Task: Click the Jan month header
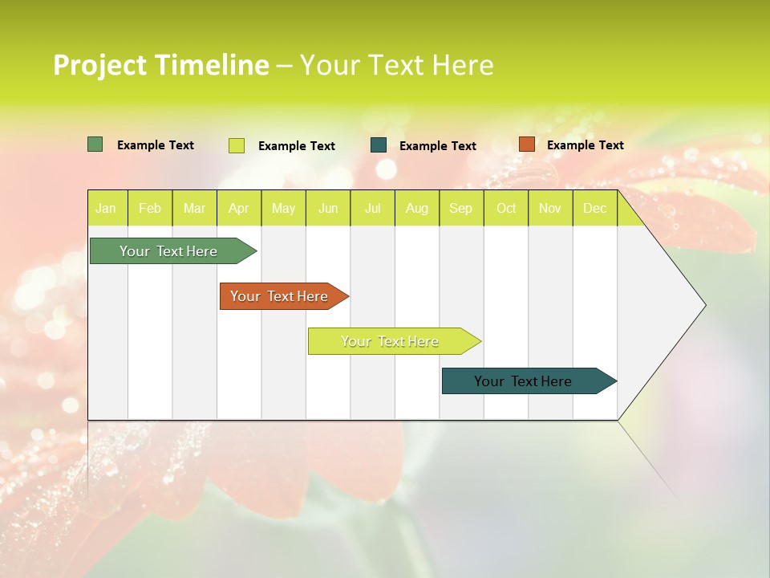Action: pos(107,208)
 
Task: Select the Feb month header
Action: pos(150,208)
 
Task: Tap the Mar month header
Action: pos(194,208)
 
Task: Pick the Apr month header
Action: pos(239,208)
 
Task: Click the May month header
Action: pos(283,208)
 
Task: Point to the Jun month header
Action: pos(328,208)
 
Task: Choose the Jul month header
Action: pos(372,208)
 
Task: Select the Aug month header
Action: pos(417,208)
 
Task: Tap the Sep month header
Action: pos(461,208)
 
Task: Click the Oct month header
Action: pos(506,208)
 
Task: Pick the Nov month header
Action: pos(550,208)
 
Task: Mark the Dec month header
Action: pos(595,208)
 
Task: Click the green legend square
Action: pos(95,144)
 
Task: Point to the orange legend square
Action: pos(527,144)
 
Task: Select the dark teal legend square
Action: pos(379,145)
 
